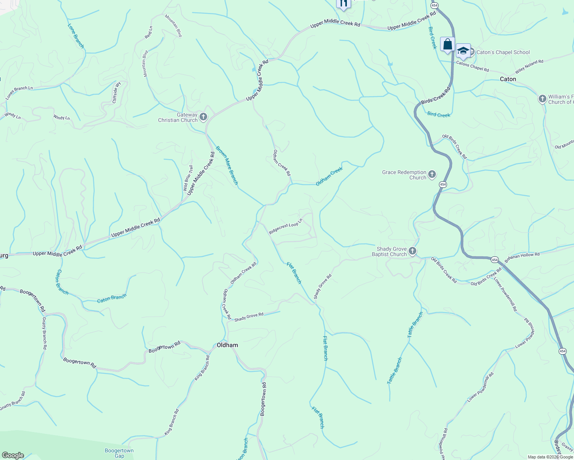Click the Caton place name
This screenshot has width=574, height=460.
click(x=508, y=79)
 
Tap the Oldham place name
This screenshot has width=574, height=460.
click(x=227, y=345)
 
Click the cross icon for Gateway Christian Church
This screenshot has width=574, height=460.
click(x=203, y=117)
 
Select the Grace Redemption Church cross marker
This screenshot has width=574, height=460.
click(x=432, y=175)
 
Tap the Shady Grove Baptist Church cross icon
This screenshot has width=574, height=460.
click(x=412, y=251)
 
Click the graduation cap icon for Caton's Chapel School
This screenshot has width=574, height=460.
click(x=463, y=51)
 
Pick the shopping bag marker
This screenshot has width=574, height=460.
click(x=447, y=44)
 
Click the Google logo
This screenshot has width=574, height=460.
click(x=13, y=455)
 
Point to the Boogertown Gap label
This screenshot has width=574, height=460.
click(x=119, y=453)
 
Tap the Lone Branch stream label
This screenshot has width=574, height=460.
click(x=76, y=36)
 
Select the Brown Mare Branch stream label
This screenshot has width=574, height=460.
click(x=227, y=165)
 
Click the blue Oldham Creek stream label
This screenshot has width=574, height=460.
click(x=329, y=177)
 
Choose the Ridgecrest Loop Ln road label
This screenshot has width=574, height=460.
click(x=285, y=226)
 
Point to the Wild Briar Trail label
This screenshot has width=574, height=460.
click(x=188, y=178)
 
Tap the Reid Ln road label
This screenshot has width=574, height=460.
click(x=148, y=32)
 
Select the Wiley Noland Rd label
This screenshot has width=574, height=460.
click(x=529, y=67)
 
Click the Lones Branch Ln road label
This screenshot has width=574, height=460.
click(x=19, y=93)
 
